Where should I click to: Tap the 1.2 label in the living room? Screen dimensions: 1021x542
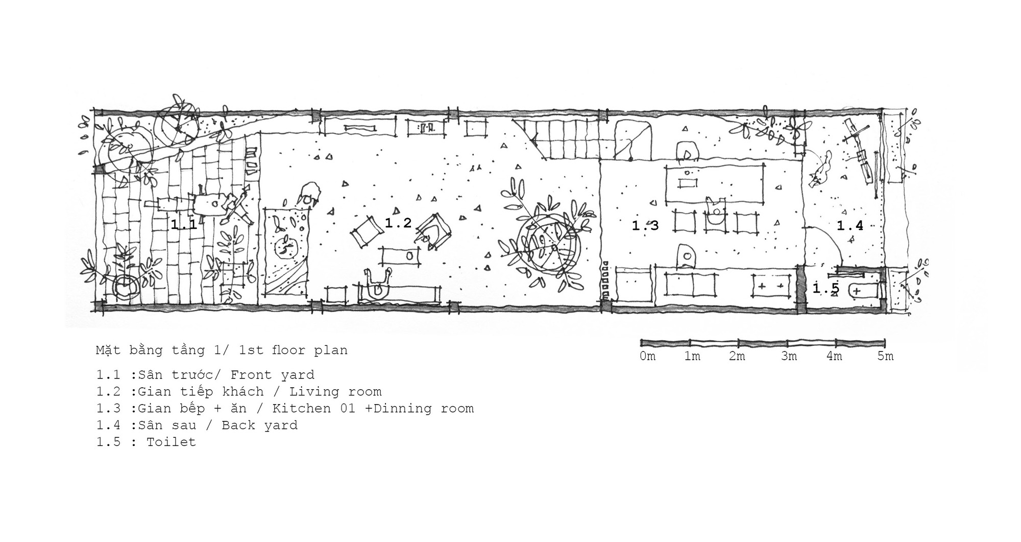[398, 223]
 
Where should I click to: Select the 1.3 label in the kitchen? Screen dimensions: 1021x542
[645, 225]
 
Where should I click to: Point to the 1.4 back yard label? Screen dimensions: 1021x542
[850, 225]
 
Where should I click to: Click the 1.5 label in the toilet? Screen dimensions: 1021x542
[826, 289]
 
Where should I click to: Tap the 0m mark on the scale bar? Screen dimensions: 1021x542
[648, 356]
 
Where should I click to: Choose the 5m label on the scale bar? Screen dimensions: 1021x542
[886, 356]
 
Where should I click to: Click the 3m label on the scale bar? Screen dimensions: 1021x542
[789, 356]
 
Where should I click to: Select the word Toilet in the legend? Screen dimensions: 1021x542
[171, 442]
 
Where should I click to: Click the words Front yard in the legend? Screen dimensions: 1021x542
[272, 375]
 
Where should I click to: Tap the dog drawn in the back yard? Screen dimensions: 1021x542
[821, 171]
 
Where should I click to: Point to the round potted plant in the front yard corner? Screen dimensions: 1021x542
[126, 289]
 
